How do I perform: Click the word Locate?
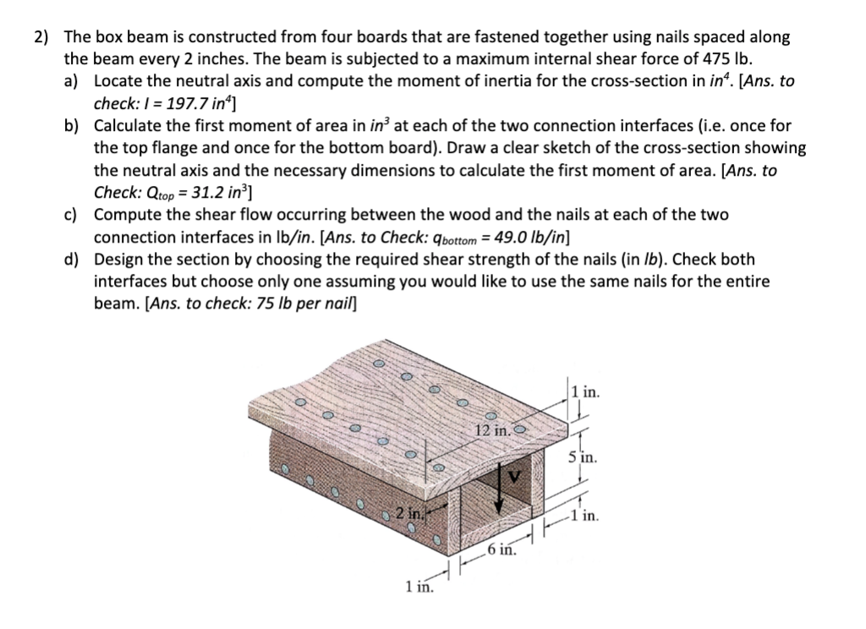coord(118,81)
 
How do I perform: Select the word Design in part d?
coord(118,259)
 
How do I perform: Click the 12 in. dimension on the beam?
coord(491,431)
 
